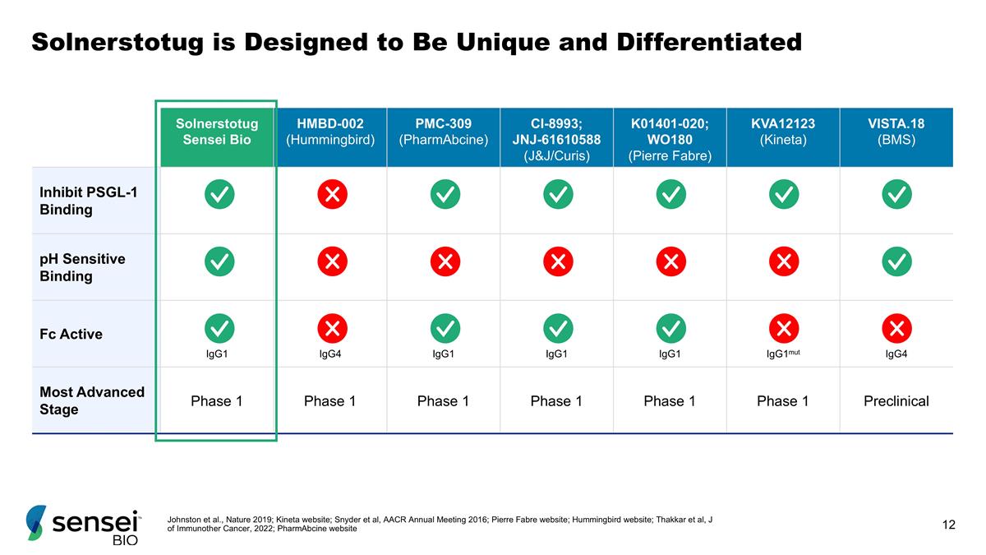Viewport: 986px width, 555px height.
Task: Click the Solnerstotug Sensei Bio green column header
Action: (217, 132)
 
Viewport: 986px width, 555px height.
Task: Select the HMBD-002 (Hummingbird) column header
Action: (329, 132)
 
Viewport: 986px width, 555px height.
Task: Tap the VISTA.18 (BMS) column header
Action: (896, 132)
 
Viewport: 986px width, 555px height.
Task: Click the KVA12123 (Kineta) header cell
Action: (782, 132)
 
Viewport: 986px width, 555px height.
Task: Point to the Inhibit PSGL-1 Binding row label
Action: (77, 201)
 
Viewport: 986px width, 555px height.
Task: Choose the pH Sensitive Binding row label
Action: (82, 267)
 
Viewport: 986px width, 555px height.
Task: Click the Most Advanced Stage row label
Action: (91, 400)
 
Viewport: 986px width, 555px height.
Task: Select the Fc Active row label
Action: (71, 335)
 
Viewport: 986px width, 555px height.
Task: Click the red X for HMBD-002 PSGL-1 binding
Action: (332, 195)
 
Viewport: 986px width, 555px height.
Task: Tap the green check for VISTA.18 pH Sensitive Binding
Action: (896, 261)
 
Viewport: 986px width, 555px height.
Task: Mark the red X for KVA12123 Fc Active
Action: (784, 328)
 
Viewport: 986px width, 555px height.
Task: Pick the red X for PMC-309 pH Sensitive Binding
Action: (445, 261)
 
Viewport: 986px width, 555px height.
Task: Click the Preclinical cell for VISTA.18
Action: (896, 401)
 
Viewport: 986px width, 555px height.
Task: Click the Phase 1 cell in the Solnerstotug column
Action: (217, 401)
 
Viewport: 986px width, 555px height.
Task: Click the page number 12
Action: (949, 525)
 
